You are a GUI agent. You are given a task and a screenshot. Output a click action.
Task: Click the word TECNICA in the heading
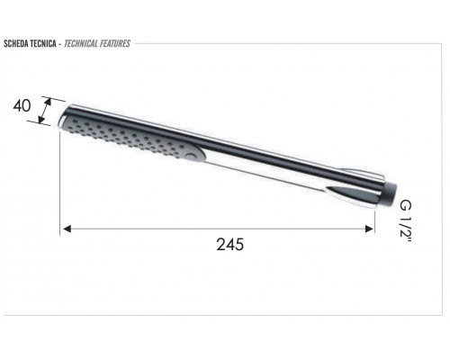[x=43, y=44]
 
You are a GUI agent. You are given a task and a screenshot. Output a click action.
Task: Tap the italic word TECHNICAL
[x=81, y=44]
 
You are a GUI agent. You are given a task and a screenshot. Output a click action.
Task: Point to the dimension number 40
[x=22, y=106]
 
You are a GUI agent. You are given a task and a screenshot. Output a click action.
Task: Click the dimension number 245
[x=230, y=244]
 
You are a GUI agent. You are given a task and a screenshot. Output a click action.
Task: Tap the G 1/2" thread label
[x=406, y=221]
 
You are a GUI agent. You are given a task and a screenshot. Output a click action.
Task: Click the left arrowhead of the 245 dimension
[x=67, y=229]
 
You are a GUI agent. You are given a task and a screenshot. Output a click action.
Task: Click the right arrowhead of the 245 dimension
[x=370, y=229]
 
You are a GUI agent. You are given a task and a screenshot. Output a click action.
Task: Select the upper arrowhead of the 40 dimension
[x=48, y=102]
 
